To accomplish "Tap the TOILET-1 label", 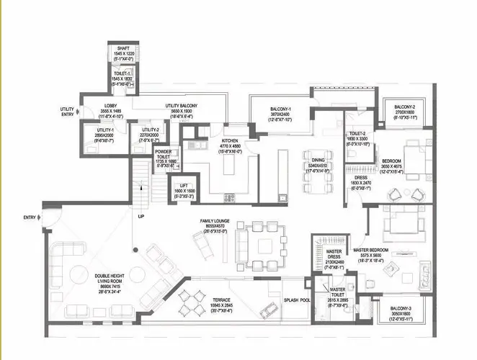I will [x=121, y=73].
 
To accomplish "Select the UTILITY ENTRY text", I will [x=68, y=112].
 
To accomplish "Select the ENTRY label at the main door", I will [x=30, y=217].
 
